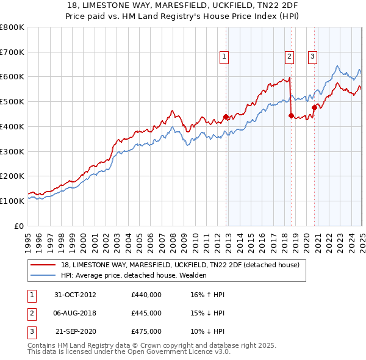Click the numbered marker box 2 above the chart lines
[x=289, y=57]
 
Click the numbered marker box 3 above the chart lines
[x=312, y=57]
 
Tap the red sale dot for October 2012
[x=226, y=117]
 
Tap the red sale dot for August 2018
[x=290, y=115]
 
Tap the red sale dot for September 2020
[x=314, y=107]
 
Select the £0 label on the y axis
[x=20, y=226]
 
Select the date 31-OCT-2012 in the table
[x=75, y=295]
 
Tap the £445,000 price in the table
[x=146, y=313]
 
